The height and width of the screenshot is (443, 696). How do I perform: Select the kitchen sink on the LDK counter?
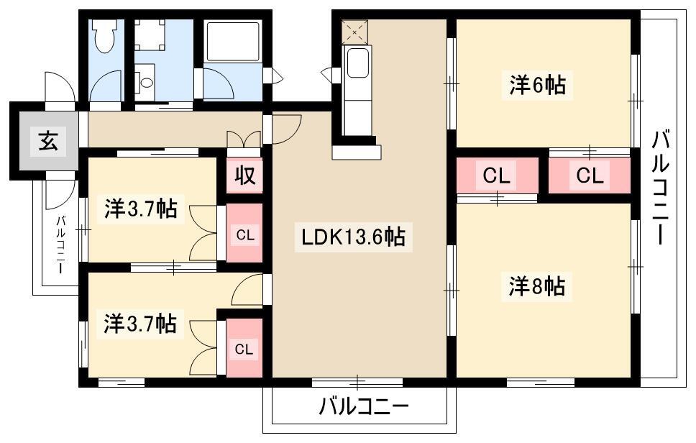pos(357,65)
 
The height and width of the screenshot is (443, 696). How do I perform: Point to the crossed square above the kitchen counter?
pos(354,32)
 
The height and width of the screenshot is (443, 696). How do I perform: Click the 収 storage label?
pos(245,175)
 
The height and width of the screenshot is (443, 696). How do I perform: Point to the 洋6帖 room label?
pos(537,86)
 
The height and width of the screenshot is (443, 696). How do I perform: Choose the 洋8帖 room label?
pos(537,286)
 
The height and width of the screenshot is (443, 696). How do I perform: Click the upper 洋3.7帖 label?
pos(140,211)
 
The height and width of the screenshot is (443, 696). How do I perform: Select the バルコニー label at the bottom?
pos(363,408)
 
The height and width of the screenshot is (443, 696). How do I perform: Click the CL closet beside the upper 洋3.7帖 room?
pos(244,234)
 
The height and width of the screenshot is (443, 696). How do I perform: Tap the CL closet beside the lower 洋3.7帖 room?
pos(244,350)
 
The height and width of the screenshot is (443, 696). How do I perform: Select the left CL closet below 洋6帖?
pos(497,175)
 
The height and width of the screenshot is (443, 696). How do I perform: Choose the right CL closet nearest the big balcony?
pos(589,175)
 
